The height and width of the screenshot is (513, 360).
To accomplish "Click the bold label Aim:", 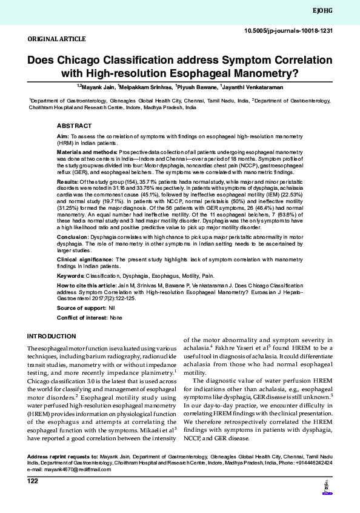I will (x=62, y=138).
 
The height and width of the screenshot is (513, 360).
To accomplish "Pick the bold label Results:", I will (x=67, y=181).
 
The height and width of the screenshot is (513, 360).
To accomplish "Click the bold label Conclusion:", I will (x=72, y=236).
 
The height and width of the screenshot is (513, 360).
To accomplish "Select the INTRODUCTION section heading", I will (x=52, y=336).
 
